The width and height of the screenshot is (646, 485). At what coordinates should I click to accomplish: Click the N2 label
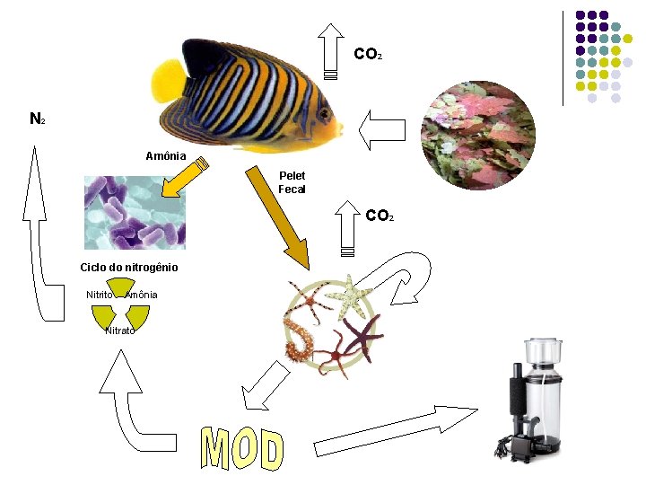(x=37, y=119)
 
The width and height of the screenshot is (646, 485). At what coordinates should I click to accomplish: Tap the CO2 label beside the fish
(x=368, y=55)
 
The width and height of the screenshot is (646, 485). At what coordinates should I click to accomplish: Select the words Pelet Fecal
(x=292, y=182)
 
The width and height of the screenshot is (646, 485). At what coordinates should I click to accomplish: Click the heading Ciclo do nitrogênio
(x=129, y=268)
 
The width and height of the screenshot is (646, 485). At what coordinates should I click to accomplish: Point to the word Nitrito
(x=100, y=295)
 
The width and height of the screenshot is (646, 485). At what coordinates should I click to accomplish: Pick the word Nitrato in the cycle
(x=120, y=331)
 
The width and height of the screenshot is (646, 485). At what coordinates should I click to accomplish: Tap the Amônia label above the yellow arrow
(x=166, y=156)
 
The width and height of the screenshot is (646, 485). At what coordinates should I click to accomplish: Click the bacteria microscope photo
(x=135, y=213)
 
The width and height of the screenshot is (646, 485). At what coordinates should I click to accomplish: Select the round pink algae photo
(x=478, y=136)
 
